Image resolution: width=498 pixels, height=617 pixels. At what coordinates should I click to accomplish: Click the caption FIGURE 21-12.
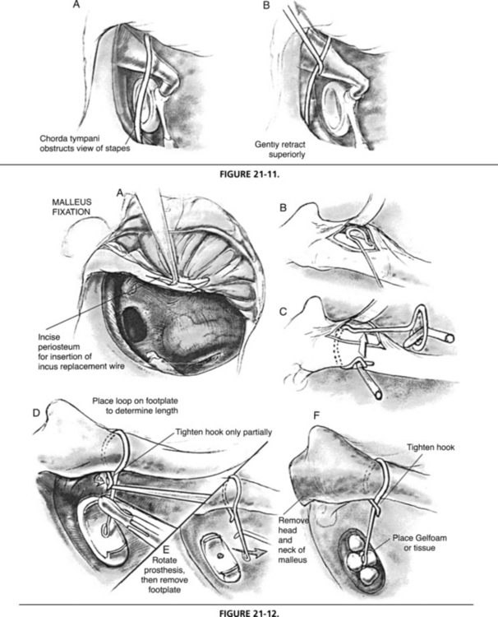pos(247,612)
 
